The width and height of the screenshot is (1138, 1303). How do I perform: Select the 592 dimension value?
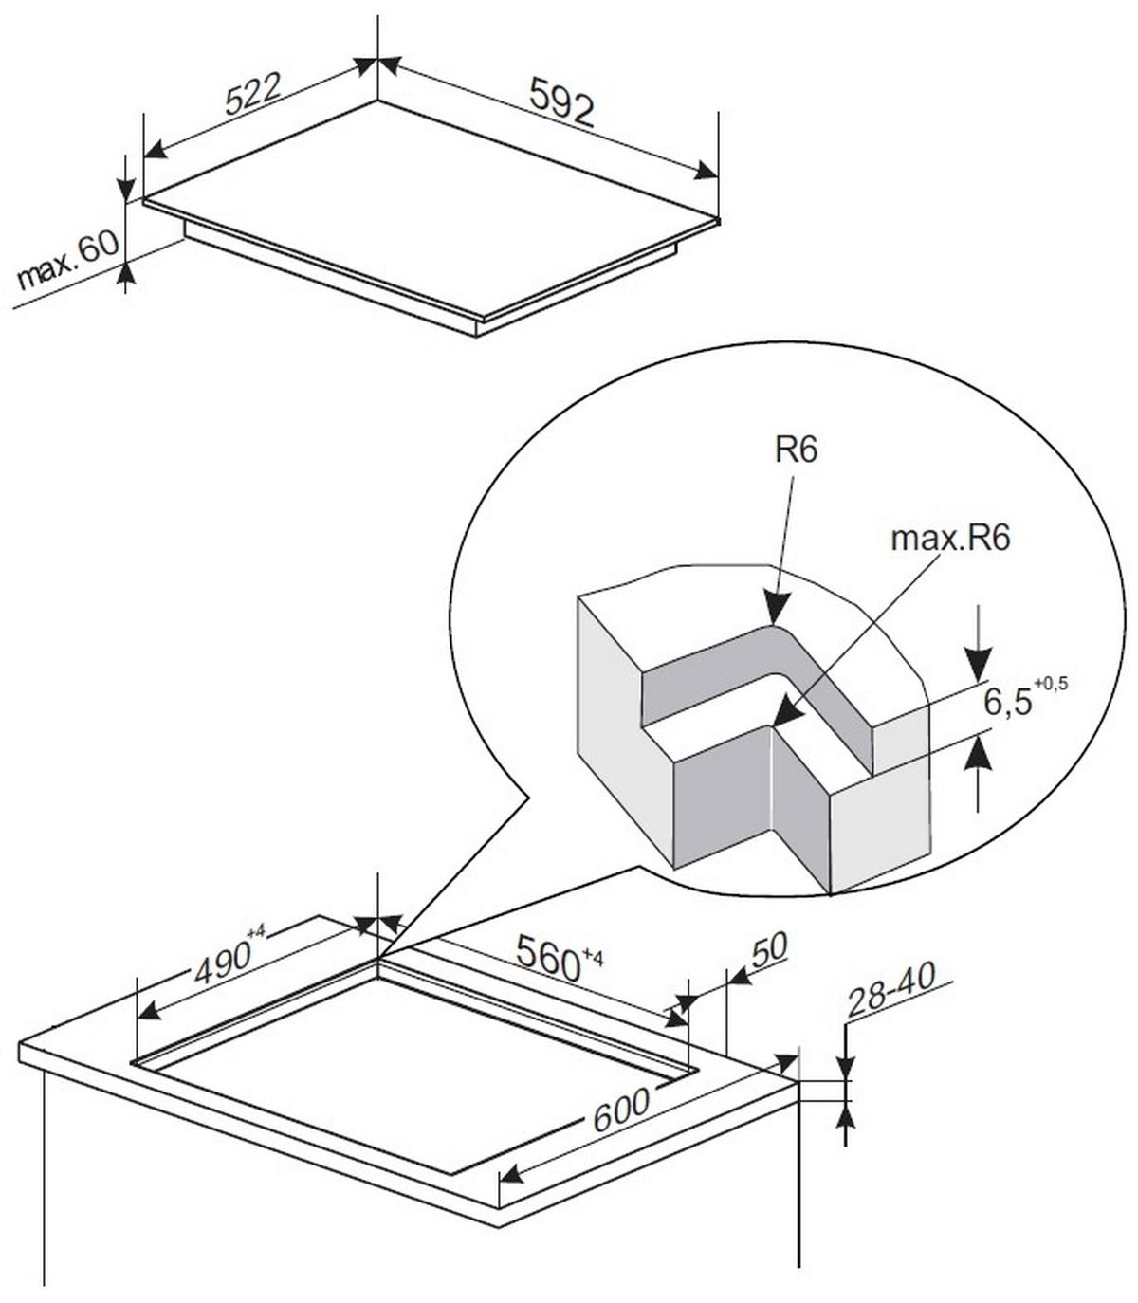click(561, 101)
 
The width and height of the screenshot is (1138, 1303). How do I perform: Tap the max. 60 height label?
click(68, 260)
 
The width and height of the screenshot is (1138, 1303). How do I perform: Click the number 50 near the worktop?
click(769, 948)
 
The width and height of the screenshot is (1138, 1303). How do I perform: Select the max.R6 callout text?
click(950, 539)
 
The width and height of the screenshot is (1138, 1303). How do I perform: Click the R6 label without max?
click(796, 450)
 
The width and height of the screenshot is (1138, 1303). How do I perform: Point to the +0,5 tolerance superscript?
click(1052, 684)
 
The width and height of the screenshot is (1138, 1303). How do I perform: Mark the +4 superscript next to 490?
click(255, 933)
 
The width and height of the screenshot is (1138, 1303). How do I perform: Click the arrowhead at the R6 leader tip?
click(778, 609)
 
